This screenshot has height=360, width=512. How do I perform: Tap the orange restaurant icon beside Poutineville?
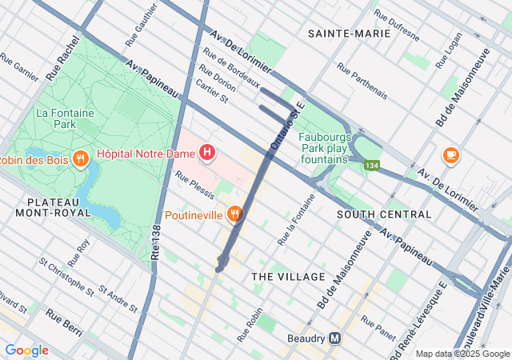pyautogui.click(x=234, y=214)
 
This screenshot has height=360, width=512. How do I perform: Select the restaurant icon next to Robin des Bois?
pyautogui.click(x=80, y=159)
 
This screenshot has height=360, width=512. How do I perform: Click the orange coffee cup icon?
pyautogui.click(x=450, y=154)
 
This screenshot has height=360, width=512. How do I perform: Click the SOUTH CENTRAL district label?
pyautogui.click(x=384, y=214)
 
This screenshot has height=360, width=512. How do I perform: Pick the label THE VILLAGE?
pyautogui.click(x=289, y=277)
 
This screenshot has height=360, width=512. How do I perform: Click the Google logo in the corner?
pyautogui.click(x=26, y=350)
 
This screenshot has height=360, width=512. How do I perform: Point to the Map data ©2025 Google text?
pyautogui.click(x=462, y=354)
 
